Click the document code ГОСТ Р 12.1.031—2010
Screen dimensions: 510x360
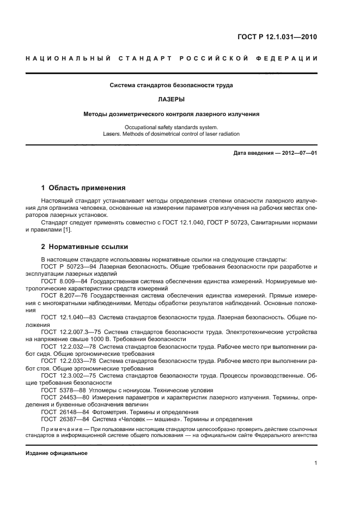pyautogui.click(x=278, y=37)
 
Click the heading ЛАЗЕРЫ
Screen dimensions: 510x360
pyautogui.click(x=172, y=100)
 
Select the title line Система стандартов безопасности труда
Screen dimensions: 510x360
pyautogui.click(x=172, y=86)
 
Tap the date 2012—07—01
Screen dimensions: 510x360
pyautogui.click(x=296, y=153)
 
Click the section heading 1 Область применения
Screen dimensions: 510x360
pyautogui.click(x=83, y=188)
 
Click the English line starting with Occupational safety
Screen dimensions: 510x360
pyautogui.click(x=171, y=126)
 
